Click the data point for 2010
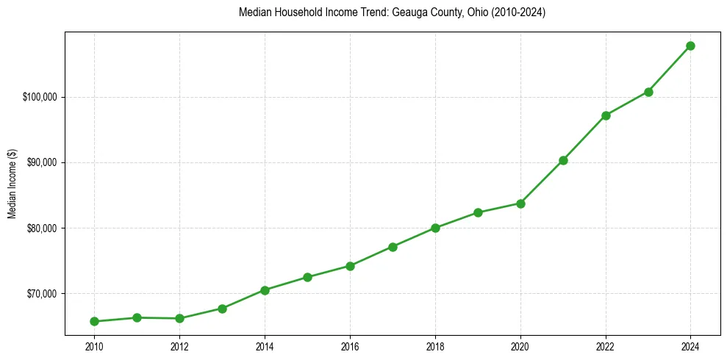[94, 321]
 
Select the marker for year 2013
[222, 309]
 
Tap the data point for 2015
[307, 277]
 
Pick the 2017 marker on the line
[393, 247]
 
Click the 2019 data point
[478, 212]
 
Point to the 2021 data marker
[563, 160]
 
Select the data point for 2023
[648, 92]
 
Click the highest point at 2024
[690, 46]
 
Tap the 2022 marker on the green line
[606, 115]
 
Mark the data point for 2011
[137, 317]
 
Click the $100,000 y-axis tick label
[40, 97]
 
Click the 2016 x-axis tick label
[350, 345]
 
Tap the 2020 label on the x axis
[520, 345]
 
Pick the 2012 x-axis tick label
[179, 345]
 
